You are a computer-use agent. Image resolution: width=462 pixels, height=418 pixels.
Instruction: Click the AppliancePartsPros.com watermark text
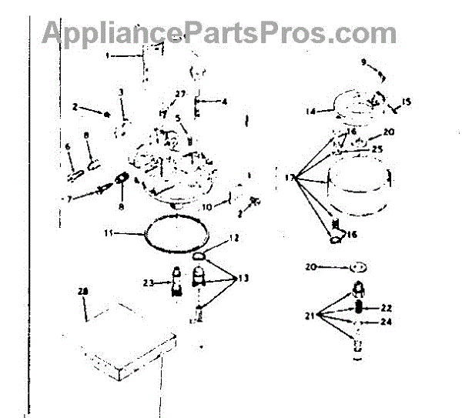click(219, 33)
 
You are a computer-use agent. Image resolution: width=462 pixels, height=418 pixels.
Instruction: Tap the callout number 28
click(83, 292)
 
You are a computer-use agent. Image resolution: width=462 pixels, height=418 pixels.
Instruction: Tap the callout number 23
click(149, 283)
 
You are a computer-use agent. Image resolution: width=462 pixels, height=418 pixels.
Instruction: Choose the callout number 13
click(245, 277)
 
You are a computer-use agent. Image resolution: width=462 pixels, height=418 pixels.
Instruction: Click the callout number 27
click(181, 93)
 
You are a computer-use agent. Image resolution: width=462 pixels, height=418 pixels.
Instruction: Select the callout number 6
click(67, 147)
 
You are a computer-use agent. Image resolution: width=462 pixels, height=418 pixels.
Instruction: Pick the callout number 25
click(377, 149)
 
